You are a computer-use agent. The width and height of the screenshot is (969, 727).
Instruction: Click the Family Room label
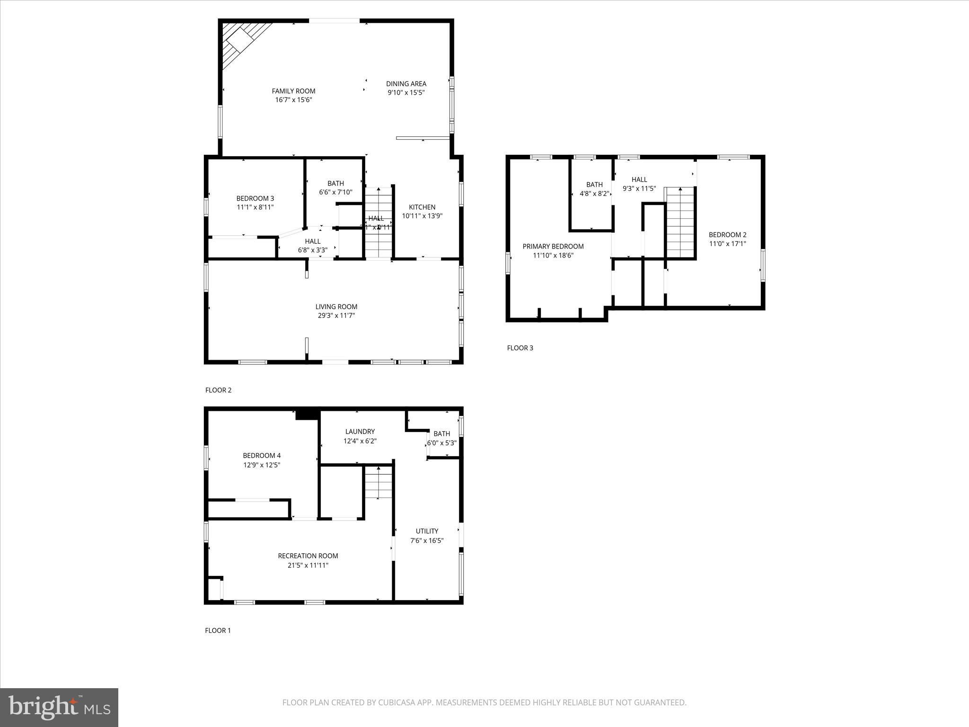pos(293,91)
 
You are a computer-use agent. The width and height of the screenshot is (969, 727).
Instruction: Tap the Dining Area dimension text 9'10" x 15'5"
pos(406,93)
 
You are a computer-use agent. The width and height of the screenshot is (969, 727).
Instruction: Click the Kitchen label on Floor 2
pos(422,207)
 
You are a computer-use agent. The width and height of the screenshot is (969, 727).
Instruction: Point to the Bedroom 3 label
pos(255,198)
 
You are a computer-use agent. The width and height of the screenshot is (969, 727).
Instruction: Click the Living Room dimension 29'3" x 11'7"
pos(336,316)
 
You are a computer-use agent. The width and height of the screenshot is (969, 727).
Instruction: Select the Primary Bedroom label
pos(553,246)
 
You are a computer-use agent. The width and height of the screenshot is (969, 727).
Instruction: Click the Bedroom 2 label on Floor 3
pos(727,235)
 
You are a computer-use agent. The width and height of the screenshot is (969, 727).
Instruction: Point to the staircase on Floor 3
pos(680,222)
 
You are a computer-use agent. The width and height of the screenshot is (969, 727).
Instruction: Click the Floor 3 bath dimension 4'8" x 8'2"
pos(594,194)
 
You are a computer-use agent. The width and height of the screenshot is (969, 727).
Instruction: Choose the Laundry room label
pos(360,432)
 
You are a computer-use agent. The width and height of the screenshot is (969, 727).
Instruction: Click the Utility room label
pos(427,531)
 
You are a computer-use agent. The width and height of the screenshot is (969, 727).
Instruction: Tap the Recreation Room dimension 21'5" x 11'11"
pos(308,565)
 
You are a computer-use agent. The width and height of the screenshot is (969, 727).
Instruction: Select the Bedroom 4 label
pos(262,456)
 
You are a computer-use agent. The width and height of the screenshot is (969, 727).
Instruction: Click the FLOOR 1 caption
pos(218,630)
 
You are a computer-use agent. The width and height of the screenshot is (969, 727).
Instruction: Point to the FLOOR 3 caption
pos(520,348)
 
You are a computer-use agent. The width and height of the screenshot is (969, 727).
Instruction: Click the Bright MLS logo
pos(59,707)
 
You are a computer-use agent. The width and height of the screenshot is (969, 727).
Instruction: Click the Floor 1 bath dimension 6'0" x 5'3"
pos(442,443)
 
